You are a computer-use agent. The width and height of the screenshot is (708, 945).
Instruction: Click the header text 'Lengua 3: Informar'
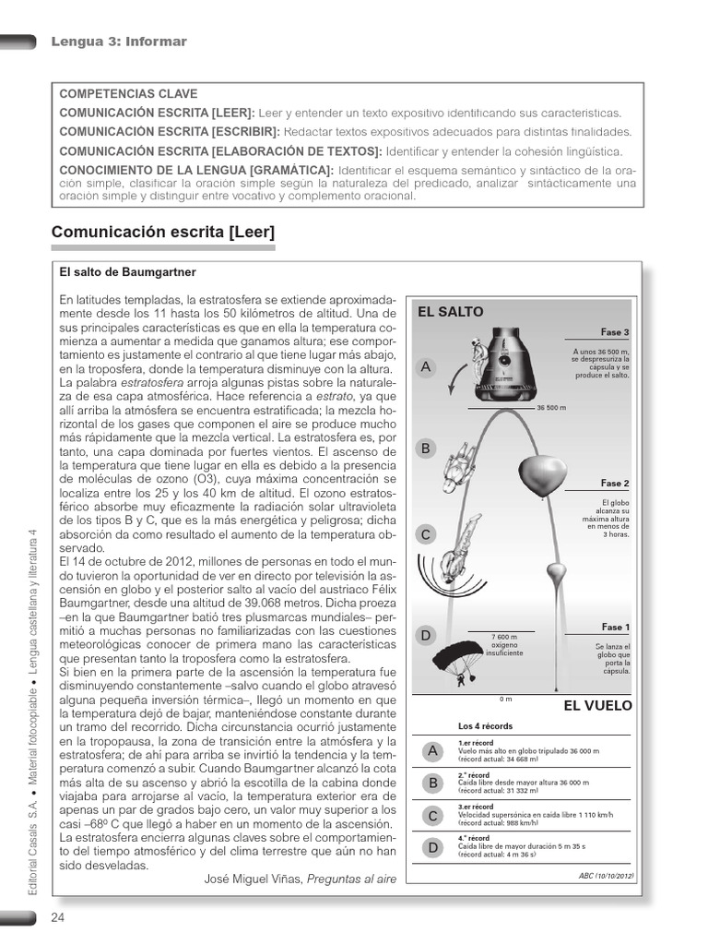pyautogui.click(x=119, y=42)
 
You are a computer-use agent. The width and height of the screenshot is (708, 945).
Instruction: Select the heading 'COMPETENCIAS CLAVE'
pyautogui.click(x=128, y=94)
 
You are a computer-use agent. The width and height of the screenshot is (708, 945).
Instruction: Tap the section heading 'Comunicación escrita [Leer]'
pyautogui.click(x=163, y=233)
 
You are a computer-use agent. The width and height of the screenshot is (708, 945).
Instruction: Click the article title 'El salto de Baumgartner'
pyautogui.click(x=127, y=273)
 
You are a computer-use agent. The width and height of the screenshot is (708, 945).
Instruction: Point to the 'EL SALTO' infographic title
pyautogui.click(x=450, y=312)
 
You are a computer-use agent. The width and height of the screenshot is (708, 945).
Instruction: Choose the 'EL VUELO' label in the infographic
pyautogui.click(x=597, y=706)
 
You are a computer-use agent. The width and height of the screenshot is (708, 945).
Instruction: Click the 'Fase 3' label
pyautogui.click(x=615, y=332)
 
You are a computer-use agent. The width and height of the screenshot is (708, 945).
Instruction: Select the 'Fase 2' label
pyautogui.click(x=615, y=484)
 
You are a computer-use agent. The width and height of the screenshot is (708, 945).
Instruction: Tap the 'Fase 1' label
pyautogui.click(x=615, y=628)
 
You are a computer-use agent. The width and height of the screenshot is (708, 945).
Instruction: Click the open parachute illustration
pyautogui.click(x=458, y=663)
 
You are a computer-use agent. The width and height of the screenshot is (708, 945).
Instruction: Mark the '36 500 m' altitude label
pyautogui.click(x=551, y=407)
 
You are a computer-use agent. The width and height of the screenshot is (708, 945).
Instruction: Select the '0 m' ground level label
pyautogui.click(x=505, y=698)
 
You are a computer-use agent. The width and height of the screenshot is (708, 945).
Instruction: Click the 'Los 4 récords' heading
pyautogui.click(x=485, y=726)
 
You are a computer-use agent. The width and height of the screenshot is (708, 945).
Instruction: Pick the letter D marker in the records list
pyautogui.click(x=430, y=847)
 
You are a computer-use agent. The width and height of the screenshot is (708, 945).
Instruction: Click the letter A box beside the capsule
pyautogui.click(x=426, y=367)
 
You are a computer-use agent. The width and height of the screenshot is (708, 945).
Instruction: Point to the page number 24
pyautogui.click(x=58, y=917)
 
